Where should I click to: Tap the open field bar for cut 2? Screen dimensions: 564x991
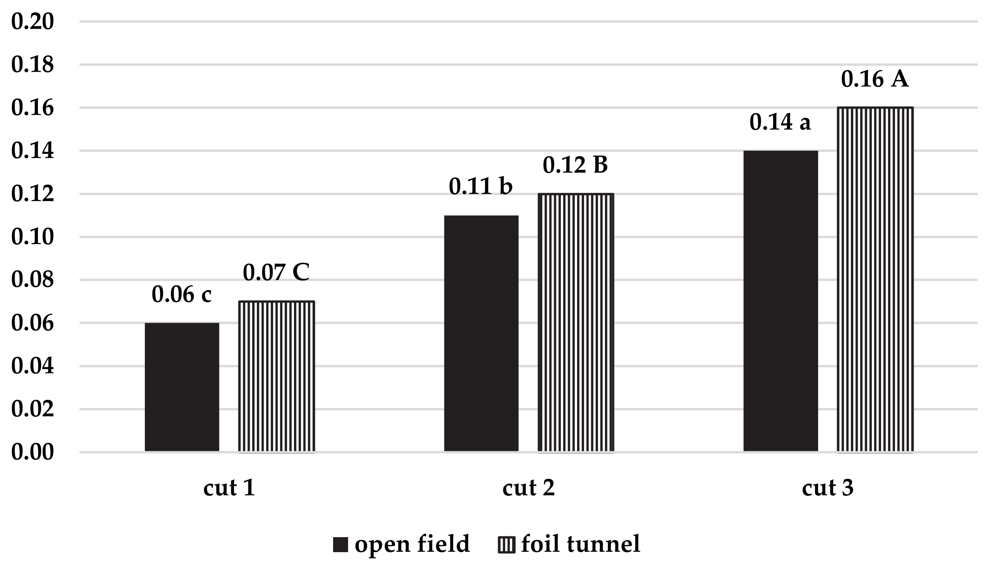[x=481, y=333]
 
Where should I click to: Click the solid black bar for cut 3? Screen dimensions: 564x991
[x=780, y=301]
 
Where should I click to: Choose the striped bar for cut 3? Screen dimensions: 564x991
[x=875, y=279]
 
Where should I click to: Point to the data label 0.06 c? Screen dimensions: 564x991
[x=182, y=294]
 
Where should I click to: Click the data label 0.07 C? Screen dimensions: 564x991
[x=276, y=273]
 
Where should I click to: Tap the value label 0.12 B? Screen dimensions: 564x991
[x=575, y=165]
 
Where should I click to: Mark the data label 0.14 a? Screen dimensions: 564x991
[x=780, y=122]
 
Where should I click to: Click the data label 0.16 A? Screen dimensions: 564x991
[x=875, y=79]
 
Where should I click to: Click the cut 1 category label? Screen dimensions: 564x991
[x=229, y=488]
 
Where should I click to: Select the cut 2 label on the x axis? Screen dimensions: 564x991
[x=528, y=488]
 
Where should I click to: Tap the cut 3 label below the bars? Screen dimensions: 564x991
[x=828, y=488]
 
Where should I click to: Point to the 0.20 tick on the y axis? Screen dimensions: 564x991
[x=32, y=22]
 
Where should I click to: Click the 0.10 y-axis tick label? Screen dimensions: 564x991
[x=32, y=237]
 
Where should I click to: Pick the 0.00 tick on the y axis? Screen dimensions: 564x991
[x=32, y=452]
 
